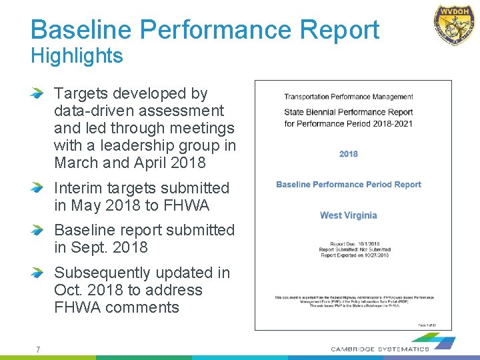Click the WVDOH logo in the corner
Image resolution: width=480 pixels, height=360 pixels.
tap(455, 25)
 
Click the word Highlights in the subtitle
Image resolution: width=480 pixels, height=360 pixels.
tap(77, 56)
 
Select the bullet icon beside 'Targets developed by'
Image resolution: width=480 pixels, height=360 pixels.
tap(38, 94)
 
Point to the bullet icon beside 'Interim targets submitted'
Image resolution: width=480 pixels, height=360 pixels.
tap(38, 189)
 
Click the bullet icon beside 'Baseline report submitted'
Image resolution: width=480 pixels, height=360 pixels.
tap(38, 231)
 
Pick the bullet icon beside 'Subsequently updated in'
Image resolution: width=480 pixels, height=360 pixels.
tap(38, 273)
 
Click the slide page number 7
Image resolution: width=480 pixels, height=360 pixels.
tap(38, 349)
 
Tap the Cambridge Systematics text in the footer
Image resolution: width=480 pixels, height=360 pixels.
tap(380, 349)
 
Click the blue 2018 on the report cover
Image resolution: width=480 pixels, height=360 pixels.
tap(348, 154)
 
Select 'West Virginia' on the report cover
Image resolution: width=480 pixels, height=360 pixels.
tap(348, 215)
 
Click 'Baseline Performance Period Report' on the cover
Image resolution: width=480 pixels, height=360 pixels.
tap(349, 185)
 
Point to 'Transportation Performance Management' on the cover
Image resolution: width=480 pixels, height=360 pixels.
tap(349, 97)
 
